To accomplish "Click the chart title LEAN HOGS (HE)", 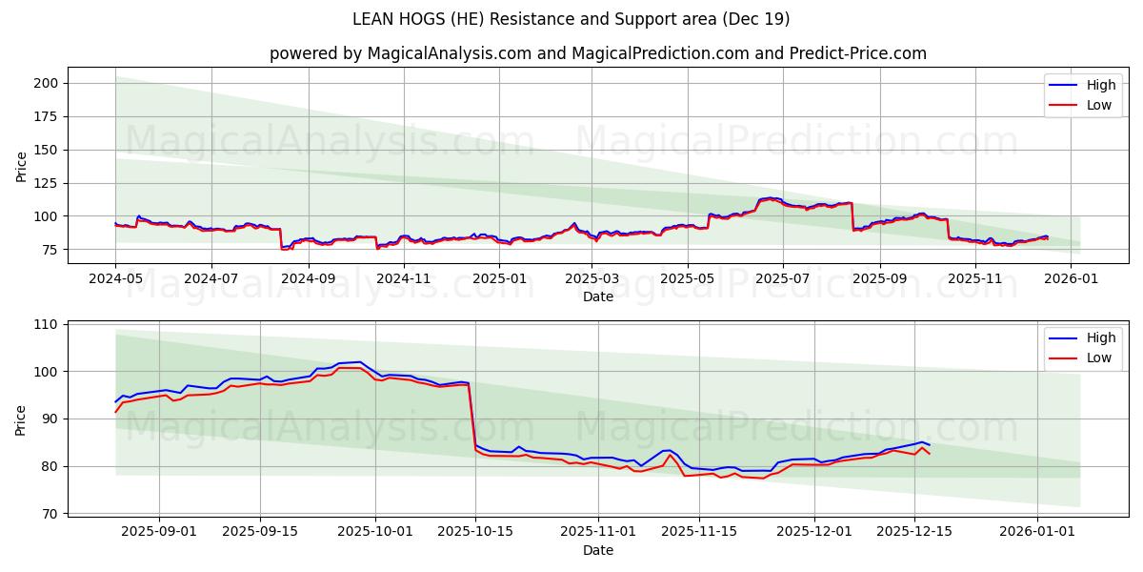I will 571,19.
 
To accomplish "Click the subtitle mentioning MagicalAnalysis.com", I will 597,53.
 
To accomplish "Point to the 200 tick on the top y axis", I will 47,83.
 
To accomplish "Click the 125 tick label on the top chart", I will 47,183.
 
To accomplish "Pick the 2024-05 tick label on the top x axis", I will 115,278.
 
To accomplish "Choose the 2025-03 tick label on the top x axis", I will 593,278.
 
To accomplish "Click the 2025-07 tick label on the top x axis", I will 783,278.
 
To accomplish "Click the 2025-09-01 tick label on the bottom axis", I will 159,531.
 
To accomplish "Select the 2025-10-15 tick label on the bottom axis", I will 476,531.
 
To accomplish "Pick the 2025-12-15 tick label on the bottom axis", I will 915,531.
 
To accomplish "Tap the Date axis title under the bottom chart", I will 597,550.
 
